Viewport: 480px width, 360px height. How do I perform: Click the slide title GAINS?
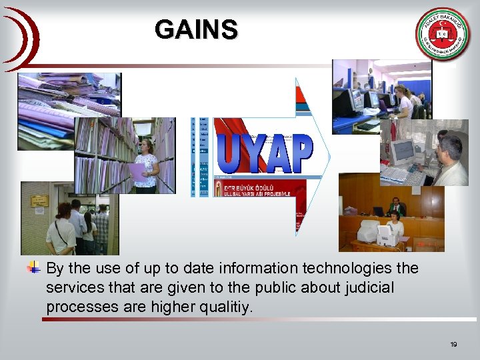point(195,29)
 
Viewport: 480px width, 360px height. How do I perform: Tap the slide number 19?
point(453,344)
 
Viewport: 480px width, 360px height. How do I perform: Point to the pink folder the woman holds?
point(137,173)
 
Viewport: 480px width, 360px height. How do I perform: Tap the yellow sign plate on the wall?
point(39,201)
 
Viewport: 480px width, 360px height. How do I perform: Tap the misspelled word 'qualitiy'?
point(229,307)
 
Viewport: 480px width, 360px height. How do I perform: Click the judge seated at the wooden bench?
point(396,206)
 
